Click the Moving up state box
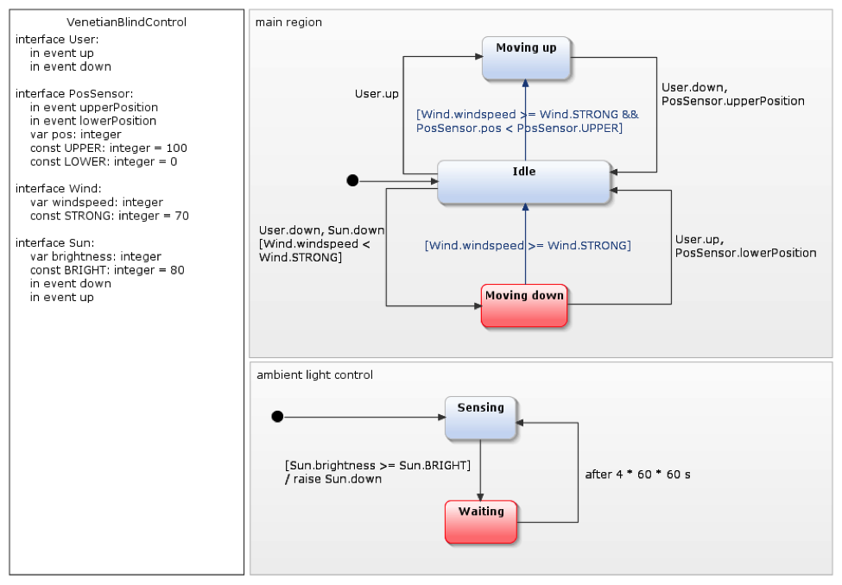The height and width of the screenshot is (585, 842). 526,58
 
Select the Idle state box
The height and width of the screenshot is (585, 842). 524,182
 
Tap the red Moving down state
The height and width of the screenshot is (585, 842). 524,305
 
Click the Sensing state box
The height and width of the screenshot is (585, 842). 480,418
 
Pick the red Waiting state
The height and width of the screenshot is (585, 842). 481,521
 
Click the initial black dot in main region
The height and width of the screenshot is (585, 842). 352,180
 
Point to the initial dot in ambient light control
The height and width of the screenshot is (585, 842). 277,417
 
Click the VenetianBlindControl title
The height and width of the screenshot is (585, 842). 126,22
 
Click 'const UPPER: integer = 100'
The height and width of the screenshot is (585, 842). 109,148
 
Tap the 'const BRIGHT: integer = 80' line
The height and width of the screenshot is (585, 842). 107,270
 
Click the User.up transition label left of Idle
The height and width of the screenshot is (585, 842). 377,93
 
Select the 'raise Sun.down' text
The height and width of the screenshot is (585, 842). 338,479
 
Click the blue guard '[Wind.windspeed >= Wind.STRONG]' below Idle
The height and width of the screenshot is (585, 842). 528,246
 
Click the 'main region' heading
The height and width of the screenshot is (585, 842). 288,22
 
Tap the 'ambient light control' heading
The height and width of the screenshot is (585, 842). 315,374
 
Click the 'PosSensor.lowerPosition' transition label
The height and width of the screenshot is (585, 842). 745,253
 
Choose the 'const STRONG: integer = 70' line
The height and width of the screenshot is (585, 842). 110,216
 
